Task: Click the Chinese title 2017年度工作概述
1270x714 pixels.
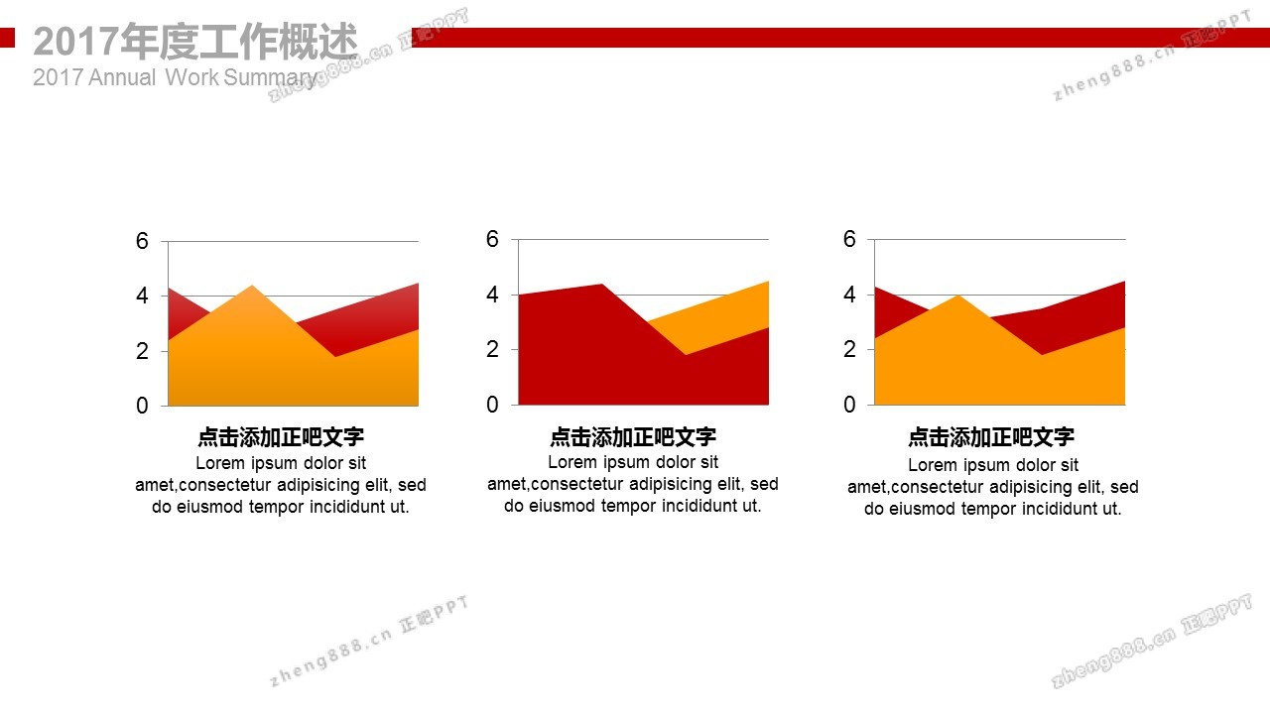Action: tap(195, 41)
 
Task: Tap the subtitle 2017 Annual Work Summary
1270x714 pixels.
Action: tap(176, 77)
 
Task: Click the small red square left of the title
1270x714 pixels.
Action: tap(7, 38)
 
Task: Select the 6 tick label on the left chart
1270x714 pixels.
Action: tap(142, 241)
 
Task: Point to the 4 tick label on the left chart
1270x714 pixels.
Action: tap(142, 296)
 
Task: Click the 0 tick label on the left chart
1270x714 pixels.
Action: tap(142, 406)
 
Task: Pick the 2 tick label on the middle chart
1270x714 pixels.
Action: tap(492, 349)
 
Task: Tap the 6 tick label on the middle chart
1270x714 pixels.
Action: tap(492, 239)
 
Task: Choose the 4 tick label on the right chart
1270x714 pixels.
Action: tap(848, 295)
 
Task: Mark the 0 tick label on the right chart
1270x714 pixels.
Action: tap(848, 405)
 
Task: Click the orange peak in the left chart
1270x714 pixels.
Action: tap(252, 287)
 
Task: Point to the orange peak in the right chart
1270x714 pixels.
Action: tap(958, 296)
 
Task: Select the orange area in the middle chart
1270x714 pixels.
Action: tap(731, 317)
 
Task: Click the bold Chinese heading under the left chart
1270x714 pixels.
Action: tap(281, 437)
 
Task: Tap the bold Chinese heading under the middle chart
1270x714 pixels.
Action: tap(633, 437)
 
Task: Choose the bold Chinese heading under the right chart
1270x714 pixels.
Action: tap(991, 437)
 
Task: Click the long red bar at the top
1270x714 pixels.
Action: tap(840, 38)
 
